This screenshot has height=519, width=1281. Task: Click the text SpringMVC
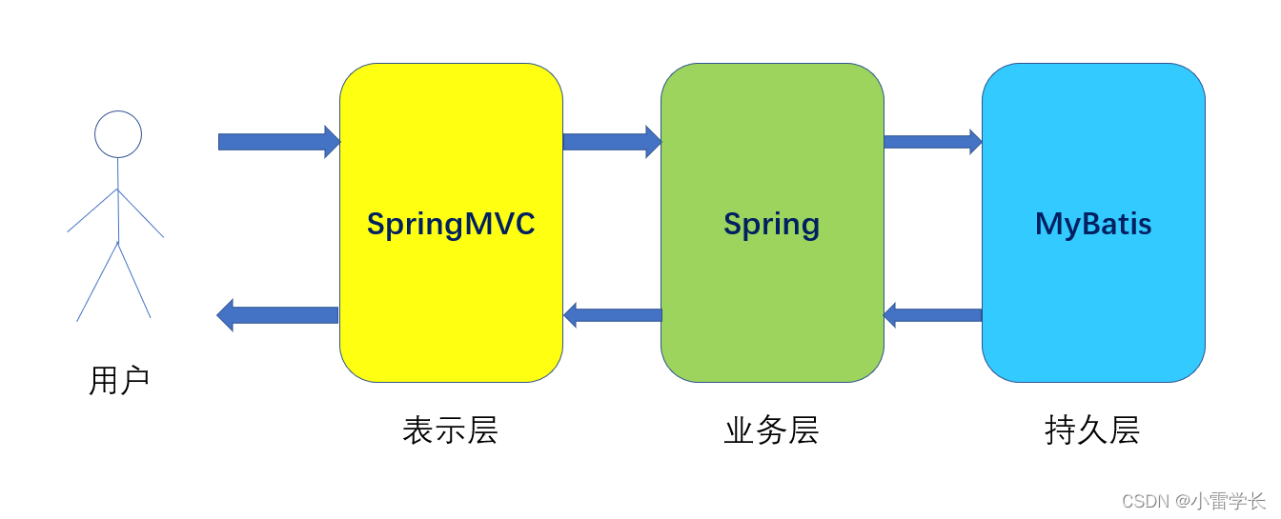pyautogui.click(x=451, y=224)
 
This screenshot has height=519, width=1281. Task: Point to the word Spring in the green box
pyautogui.click(x=771, y=225)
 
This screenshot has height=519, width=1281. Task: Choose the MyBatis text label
pyautogui.click(x=1093, y=224)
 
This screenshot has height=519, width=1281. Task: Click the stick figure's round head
pyautogui.click(x=118, y=134)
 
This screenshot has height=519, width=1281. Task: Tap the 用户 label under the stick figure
pyautogui.click(x=119, y=381)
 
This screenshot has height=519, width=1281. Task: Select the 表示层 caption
pyautogui.click(x=450, y=430)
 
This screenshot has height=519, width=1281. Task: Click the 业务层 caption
pyautogui.click(x=771, y=430)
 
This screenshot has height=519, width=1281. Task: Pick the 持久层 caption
pyautogui.click(x=1092, y=430)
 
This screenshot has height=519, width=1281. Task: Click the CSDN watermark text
pyautogui.click(x=1193, y=501)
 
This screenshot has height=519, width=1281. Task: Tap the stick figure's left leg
pyautogui.click(x=97, y=282)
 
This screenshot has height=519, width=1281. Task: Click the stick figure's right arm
pyautogui.click(x=141, y=213)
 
